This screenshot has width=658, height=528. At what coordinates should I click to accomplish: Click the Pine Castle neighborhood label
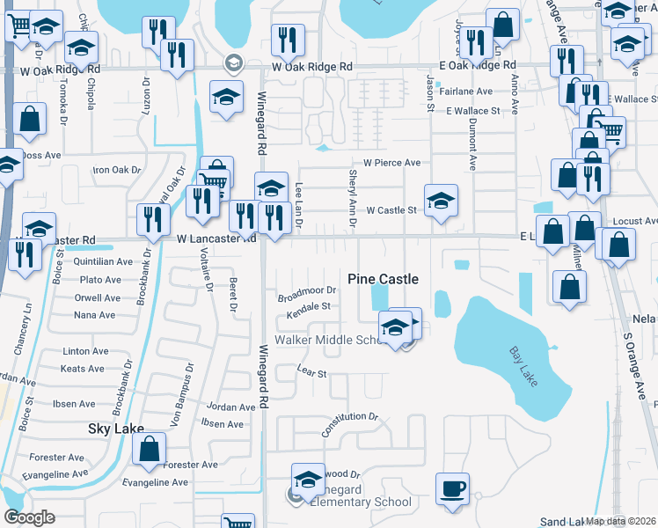pos(383,279)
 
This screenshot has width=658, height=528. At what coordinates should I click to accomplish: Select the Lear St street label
pos(311,373)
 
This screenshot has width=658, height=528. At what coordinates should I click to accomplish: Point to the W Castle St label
pos(391,210)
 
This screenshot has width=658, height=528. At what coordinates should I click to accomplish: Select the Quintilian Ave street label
pos(103,261)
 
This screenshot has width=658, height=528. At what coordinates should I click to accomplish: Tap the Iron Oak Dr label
pos(117,170)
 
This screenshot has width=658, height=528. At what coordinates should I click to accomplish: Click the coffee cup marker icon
pos(452,488)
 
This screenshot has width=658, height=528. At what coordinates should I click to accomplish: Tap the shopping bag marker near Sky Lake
pos(150,448)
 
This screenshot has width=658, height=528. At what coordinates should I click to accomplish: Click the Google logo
pos(29,517)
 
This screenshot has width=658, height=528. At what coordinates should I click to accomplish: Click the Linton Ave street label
pos(85,351)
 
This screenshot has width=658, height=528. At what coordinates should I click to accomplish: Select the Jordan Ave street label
pos(230,407)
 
